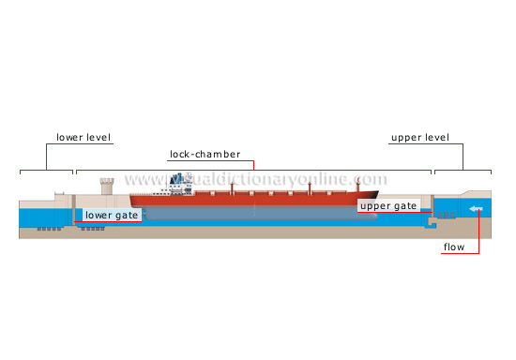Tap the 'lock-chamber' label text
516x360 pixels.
(x=205, y=154)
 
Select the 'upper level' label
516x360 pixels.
(x=419, y=138)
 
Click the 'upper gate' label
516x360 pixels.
(x=387, y=205)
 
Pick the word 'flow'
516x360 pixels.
(x=454, y=248)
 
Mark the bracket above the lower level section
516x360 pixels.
(x=47, y=172)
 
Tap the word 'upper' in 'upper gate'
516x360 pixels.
(x=374, y=205)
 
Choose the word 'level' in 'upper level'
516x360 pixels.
(x=435, y=138)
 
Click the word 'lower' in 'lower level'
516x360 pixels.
(x=69, y=138)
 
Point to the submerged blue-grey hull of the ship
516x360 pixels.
(x=253, y=214)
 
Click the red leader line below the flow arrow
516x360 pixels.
(x=478, y=234)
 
